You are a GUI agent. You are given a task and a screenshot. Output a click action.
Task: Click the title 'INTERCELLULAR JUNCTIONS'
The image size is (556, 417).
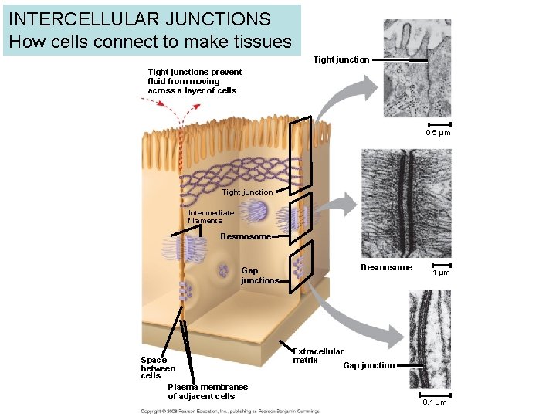(140, 19)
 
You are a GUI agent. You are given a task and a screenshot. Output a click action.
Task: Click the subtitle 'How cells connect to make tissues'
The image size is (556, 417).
(151, 41)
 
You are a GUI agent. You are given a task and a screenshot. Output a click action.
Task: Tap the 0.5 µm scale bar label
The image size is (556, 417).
(438, 134)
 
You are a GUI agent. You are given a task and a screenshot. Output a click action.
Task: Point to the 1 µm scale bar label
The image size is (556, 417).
(441, 273)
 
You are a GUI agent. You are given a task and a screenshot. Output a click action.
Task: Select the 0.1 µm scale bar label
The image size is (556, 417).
(435, 402)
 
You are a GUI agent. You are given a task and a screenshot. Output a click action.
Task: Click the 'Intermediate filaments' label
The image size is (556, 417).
(210, 217)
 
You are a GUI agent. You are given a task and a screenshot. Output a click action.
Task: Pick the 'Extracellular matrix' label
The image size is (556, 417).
(317, 355)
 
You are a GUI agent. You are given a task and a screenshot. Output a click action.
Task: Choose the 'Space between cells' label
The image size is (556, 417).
(158, 368)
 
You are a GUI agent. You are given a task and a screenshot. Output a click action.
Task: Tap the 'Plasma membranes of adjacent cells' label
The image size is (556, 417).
(208, 392)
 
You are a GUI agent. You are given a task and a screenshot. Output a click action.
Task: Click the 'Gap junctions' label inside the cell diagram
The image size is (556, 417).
(259, 276)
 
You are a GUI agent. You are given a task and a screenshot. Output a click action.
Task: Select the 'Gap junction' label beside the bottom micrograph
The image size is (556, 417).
(368, 365)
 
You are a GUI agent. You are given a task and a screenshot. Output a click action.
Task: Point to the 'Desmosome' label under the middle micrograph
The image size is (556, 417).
(386, 267)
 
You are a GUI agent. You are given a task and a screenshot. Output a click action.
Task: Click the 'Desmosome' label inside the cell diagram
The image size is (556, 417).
(245, 236)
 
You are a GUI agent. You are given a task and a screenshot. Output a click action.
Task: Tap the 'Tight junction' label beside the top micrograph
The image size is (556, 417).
(341, 59)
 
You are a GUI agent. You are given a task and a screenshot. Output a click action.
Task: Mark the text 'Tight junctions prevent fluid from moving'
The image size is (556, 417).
(194, 76)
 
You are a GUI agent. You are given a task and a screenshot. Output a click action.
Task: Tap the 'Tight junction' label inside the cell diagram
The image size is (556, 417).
(247, 192)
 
